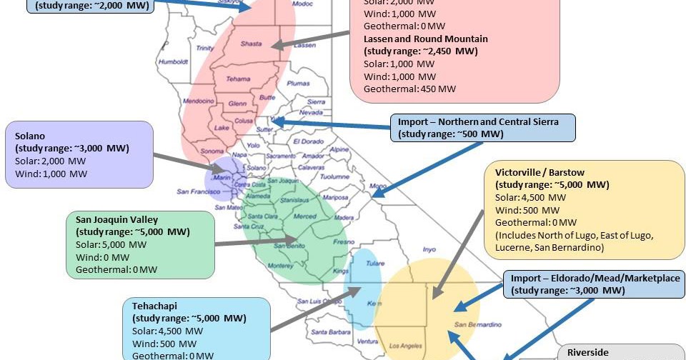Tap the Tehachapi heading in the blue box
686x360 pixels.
click(154, 304)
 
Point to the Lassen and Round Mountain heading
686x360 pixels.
click(425, 39)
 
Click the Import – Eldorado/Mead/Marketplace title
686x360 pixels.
click(594, 278)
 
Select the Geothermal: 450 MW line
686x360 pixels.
click(409, 89)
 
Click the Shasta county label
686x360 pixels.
click(250, 44)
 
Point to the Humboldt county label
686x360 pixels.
click(174, 62)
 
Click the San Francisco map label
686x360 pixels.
click(202, 191)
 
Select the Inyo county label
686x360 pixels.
click(429, 250)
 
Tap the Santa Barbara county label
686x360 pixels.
click(329, 331)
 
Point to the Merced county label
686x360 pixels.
click(304, 216)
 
